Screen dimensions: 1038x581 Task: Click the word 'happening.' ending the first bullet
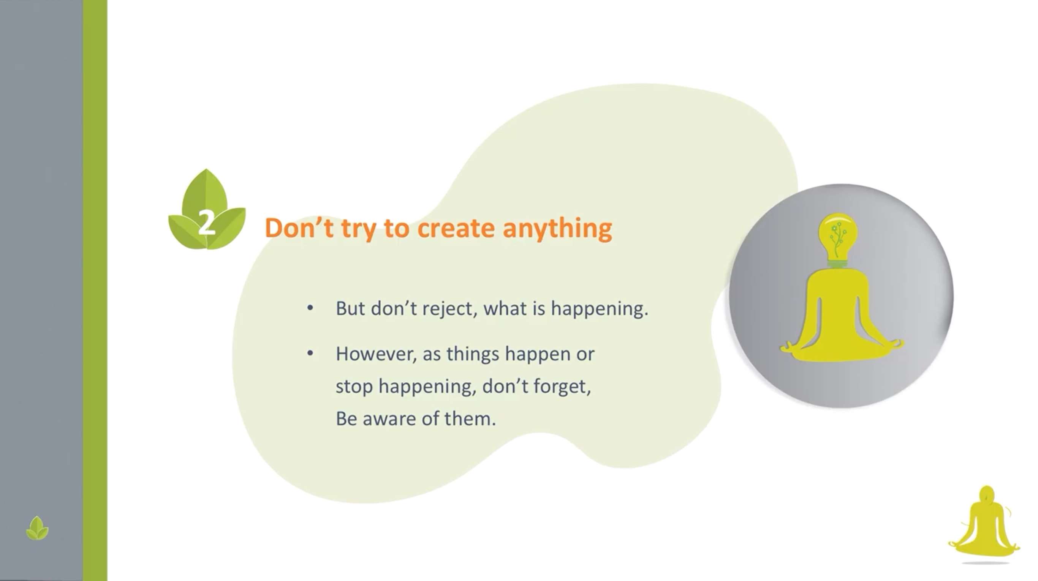[600, 309]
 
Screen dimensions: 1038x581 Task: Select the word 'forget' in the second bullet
[562, 386]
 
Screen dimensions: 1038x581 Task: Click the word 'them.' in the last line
[470, 419]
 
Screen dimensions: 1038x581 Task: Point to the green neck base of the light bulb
[838, 264]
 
